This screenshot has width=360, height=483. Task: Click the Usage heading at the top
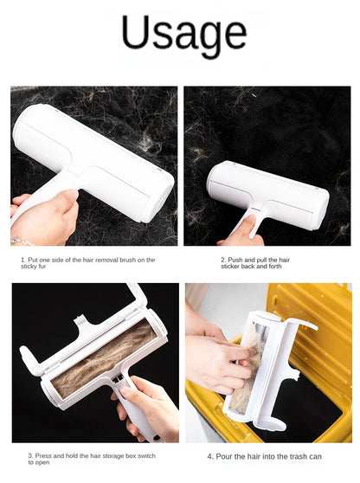point(184,35)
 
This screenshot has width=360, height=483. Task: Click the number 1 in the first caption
point(22,259)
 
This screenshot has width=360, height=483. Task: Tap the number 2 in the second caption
point(222,259)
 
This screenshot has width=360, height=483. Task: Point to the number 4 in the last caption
point(209,455)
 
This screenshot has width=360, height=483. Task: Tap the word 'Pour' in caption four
point(224,455)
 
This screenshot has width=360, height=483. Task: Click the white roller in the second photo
point(268,190)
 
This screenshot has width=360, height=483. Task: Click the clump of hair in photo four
point(251,364)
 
